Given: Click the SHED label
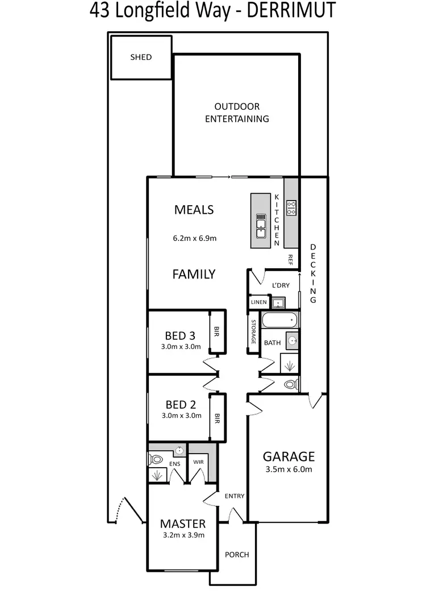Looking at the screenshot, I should [x=141, y=57].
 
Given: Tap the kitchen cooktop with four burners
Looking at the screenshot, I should [x=291, y=208].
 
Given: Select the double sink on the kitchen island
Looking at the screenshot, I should [x=261, y=224].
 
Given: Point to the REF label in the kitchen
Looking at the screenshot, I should [x=290, y=259].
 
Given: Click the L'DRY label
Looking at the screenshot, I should [x=281, y=285].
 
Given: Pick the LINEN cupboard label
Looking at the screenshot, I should [x=258, y=302].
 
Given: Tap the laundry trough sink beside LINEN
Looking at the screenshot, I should [x=277, y=302].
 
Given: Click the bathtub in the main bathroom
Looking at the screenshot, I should [x=279, y=321].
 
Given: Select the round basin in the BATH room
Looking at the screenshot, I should [x=292, y=341].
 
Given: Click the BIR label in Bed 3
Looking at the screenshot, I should [x=216, y=332].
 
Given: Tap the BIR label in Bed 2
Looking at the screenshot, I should [x=216, y=419].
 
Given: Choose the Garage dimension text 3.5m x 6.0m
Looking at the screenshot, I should [x=288, y=469].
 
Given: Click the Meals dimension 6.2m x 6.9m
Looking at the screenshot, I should [x=195, y=239].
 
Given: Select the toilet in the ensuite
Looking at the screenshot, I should [x=156, y=459].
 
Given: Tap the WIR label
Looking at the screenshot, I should [x=198, y=463].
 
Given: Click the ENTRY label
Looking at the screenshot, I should [x=234, y=496].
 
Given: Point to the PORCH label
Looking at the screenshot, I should [x=237, y=555].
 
